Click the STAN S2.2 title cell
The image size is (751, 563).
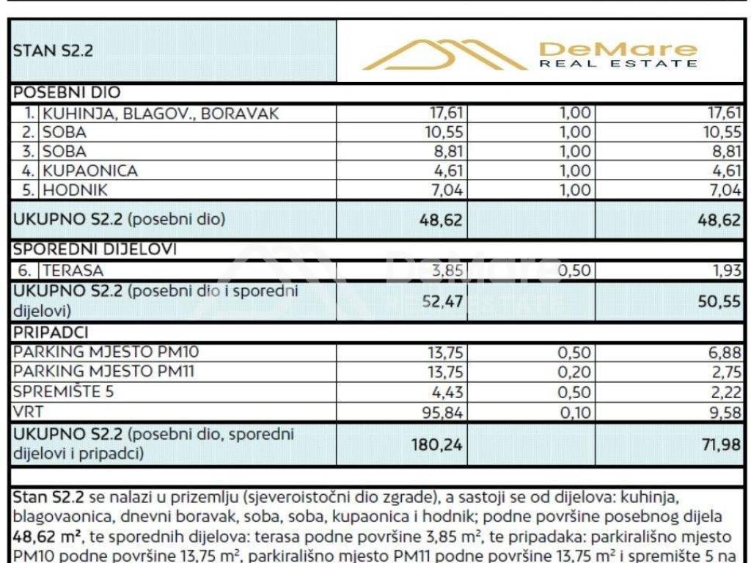pos(54,51)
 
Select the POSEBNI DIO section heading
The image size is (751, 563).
pos(67,93)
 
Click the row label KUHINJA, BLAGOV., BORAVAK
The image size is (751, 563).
pos(160,113)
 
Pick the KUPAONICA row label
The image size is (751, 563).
pos(90,171)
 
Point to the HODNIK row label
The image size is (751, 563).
pos(76,190)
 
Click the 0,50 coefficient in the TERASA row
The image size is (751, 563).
pos(575,271)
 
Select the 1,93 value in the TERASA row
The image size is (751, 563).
pos(729,271)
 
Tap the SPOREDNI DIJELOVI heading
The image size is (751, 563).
pos(95,249)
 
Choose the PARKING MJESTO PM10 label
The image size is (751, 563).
pos(106,352)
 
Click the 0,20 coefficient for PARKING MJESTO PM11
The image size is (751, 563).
pos(575,372)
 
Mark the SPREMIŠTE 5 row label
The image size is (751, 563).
pos(64,391)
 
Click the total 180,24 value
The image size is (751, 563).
pos(439,443)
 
